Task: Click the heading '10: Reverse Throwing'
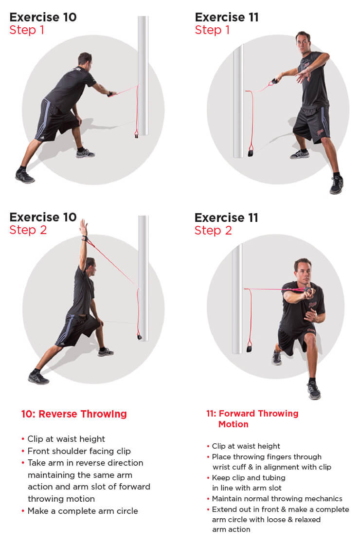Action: tap(74, 414)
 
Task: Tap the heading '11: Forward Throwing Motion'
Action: tap(252, 419)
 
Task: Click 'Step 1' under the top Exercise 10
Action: tap(27, 30)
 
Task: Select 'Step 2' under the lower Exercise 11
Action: tap(213, 230)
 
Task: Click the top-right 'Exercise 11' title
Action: tap(227, 17)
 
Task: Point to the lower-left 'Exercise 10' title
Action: tap(43, 217)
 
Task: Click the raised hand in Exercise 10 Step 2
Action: tap(83, 228)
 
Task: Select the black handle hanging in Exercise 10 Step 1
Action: tap(137, 134)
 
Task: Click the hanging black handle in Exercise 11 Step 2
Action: tap(249, 348)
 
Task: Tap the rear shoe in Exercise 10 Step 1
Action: tap(25, 176)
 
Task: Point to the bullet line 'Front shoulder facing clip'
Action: tap(79, 451)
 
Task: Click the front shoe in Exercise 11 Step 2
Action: tap(314, 390)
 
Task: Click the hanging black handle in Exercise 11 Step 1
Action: tap(251, 152)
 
